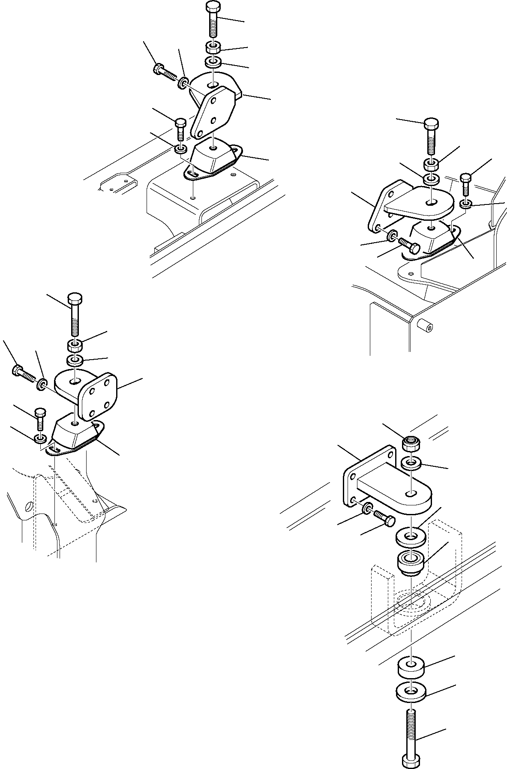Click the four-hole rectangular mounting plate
pyautogui.click(x=98, y=396)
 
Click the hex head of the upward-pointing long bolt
pyautogui.click(x=411, y=761)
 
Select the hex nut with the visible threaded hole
pyautogui.click(x=411, y=444)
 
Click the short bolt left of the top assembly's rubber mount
pyautogui.click(x=180, y=129)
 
